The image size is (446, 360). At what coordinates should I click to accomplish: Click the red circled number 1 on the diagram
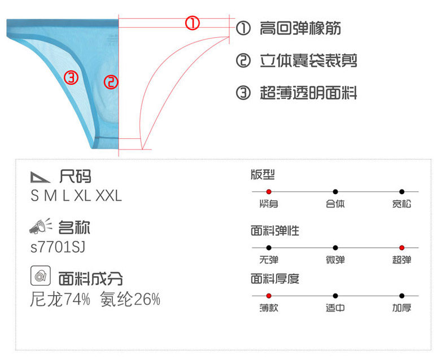click(x=193, y=23)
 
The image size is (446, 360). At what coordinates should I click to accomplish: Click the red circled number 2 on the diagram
click(x=111, y=82)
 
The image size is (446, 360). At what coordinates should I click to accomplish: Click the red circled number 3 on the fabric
click(x=71, y=78)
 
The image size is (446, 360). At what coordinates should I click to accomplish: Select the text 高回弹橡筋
click(x=300, y=28)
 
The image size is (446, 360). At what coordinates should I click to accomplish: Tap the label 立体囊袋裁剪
click(x=308, y=60)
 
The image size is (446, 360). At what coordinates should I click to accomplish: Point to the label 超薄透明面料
click(x=308, y=93)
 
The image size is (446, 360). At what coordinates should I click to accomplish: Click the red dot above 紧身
click(x=269, y=192)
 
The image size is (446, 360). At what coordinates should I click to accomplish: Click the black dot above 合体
click(x=335, y=192)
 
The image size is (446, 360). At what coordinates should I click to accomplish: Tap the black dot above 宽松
click(x=401, y=192)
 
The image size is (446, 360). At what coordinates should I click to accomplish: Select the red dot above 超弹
click(x=401, y=248)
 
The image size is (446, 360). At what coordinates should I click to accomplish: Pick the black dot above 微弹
click(x=335, y=248)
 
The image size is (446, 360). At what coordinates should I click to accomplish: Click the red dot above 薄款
click(x=269, y=296)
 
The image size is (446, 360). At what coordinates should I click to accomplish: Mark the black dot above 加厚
click(x=401, y=296)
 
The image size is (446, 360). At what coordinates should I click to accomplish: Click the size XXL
click(x=108, y=196)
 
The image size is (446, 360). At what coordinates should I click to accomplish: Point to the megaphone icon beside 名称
click(x=41, y=227)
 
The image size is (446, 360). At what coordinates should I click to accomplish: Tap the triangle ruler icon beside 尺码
click(x=40, y=177)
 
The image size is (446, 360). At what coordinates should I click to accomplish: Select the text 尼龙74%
click(x=60, y=300)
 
